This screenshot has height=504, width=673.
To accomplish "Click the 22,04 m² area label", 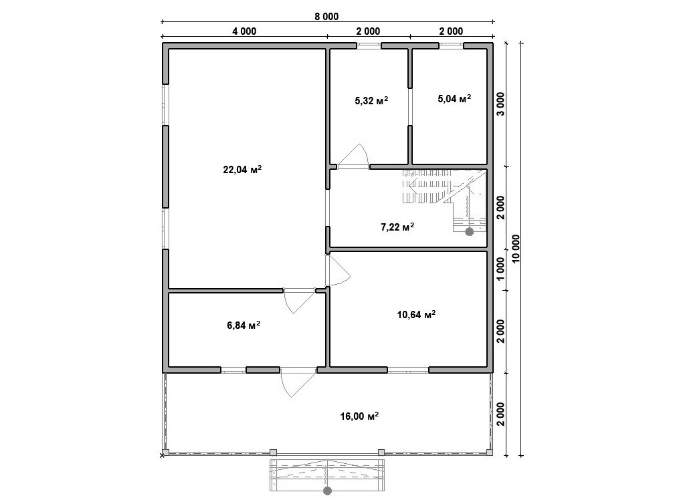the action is pyautogui.click(x=242, y=169).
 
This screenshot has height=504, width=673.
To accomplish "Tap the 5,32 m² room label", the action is pyautogui.click(x=372, y=101).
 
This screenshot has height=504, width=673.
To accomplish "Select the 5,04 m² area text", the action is pyautogui.click(x=454, y=99).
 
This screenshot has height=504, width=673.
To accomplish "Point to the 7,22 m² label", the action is pyautogui.click(x=397, y=227).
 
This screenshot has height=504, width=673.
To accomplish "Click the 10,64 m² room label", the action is pyautogui.click(x=416, y=315).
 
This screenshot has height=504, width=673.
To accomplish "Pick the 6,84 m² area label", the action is pyautogui.click(x=244, y=325).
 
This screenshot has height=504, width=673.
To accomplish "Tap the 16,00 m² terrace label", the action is pyautogui.click(x=359, y=416).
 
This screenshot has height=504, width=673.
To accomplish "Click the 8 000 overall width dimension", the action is pyautogui.click(x=326, y=17).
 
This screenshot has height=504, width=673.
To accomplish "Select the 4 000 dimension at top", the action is pyautogui.click(x=244, y=31).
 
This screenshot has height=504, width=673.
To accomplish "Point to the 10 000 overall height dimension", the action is pyautogui.click(x=516, y=249).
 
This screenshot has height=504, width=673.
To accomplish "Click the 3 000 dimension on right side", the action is pyautogui.click(x=501, y=104).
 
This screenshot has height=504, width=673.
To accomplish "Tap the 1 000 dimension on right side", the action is pyautogui.click(x=501, y=269).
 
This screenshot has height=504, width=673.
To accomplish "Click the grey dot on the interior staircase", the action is pyautogui.click(x=470, y=232).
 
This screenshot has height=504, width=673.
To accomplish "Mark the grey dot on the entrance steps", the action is pyautogui.click(x=328, y=491).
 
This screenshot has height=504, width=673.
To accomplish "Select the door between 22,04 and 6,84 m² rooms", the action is pyautogui.click(x=299, y=301).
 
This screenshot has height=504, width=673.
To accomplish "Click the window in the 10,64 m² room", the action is pyautogui.click(x=408, y=370).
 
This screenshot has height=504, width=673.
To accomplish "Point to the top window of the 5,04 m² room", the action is pyautogui.click(x=451, y=45).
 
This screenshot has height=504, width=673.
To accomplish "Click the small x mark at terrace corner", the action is pyautogui.click(x=163, y=455).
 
